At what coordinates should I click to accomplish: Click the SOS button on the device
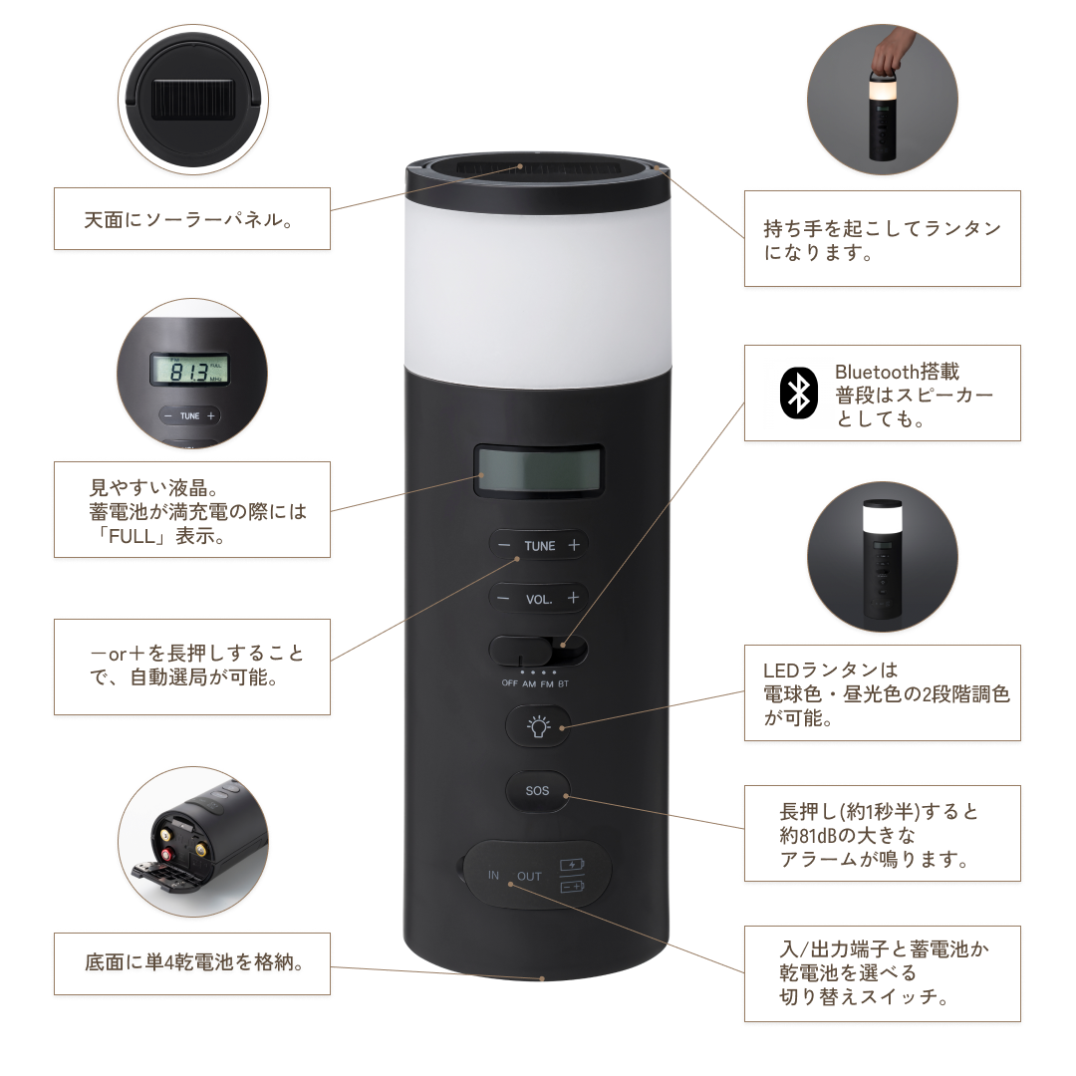click(537, 791)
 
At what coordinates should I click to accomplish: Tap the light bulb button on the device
click(537, 726)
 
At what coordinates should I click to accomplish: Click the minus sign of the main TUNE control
click(504, 546)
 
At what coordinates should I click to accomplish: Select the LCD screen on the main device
click(538, 470)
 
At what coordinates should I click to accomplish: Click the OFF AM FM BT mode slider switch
click(538, 654)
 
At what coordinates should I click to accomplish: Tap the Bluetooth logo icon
click(797, 393)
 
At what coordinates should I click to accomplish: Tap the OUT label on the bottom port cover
click(529, 877)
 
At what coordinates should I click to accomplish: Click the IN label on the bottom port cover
click(493, 876)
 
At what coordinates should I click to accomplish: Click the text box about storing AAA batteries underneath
click(191, 963)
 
